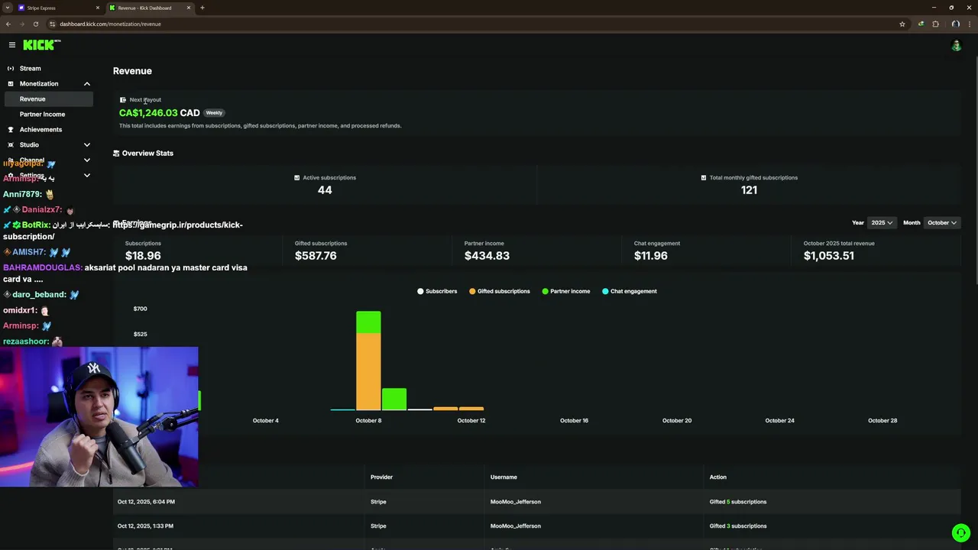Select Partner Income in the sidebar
pos(42,114)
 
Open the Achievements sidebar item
pos(40,129)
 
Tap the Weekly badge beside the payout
pos(214,113)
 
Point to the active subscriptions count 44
pos(325,190)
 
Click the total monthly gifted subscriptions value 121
pos(749,190)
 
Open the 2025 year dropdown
pos(882,222)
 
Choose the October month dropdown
pos(941,222)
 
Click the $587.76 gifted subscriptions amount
pos(316,256)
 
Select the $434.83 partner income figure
pos(487,256)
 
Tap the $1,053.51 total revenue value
pos(828,256)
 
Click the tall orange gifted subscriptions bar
pos(368,371)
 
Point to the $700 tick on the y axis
pos(140,309)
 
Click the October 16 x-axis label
pos(574,420)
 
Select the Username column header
pos(504,477)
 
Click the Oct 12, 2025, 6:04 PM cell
pos(146,502)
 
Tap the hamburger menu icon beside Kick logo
pos(12,45)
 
